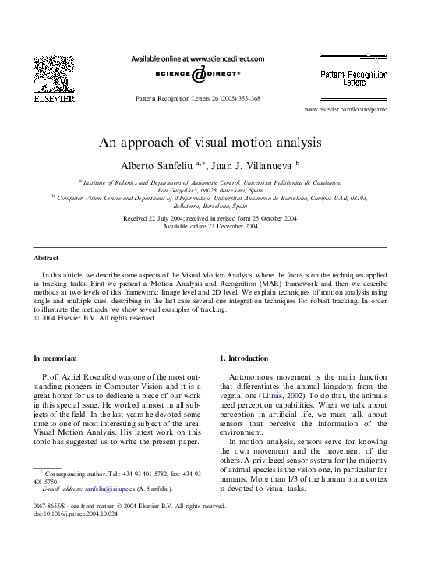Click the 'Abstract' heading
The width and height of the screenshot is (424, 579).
pos(46,258)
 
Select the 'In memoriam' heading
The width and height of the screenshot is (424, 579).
pos(55,358)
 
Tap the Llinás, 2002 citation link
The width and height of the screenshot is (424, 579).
pos(285,396)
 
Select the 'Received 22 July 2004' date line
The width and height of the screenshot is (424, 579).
pos(210,218)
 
